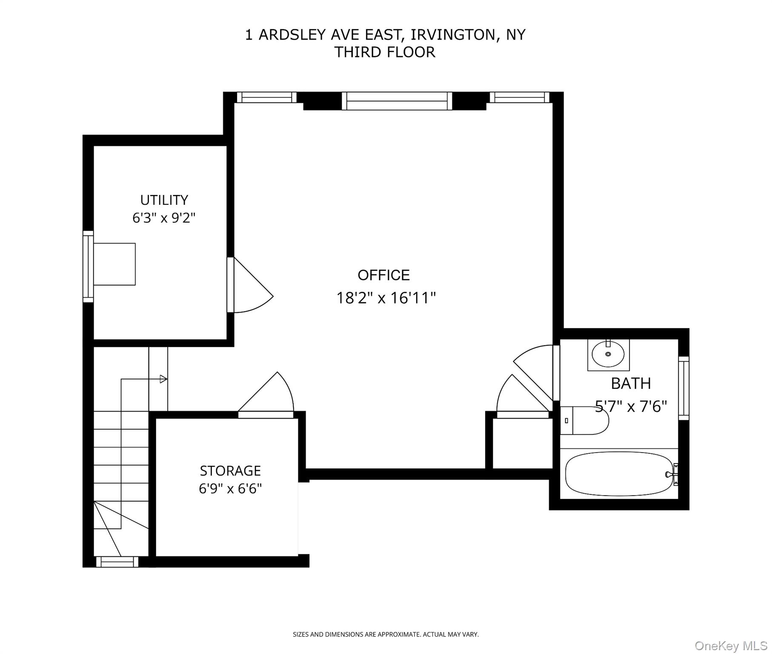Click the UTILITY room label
point(164,200)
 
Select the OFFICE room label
point(383,275)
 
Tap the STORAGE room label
point(230,470)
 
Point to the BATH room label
point(631,384)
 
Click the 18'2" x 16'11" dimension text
point(386,298)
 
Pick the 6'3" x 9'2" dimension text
point(164,218)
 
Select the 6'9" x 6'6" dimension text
point(230,488)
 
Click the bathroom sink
point(608,354)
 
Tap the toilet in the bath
point(584,420)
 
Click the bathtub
point(621,474)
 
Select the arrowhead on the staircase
point(163,379)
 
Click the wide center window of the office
point(397,101)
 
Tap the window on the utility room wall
point(88,267)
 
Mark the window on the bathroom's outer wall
point(683,388)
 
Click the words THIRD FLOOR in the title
point(385,52)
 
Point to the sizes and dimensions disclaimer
point(386,634)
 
